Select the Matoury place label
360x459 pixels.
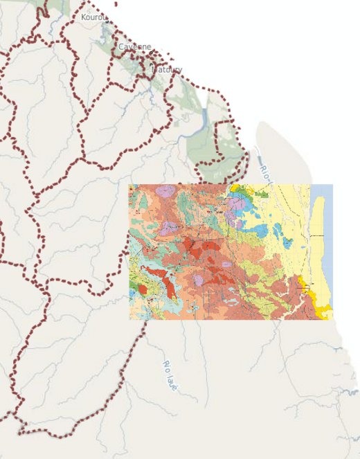[166, 70]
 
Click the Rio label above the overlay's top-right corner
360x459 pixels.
[266, 173]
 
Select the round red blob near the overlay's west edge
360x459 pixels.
[143, 289]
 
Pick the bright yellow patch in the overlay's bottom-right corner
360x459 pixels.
[322, 307]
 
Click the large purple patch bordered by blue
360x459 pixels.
[237, 204]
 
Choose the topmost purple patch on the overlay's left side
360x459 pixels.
[165, 190]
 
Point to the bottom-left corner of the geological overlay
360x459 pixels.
[129, 319]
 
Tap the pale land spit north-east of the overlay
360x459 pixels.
[277, 149]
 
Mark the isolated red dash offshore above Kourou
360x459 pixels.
[107, 2]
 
